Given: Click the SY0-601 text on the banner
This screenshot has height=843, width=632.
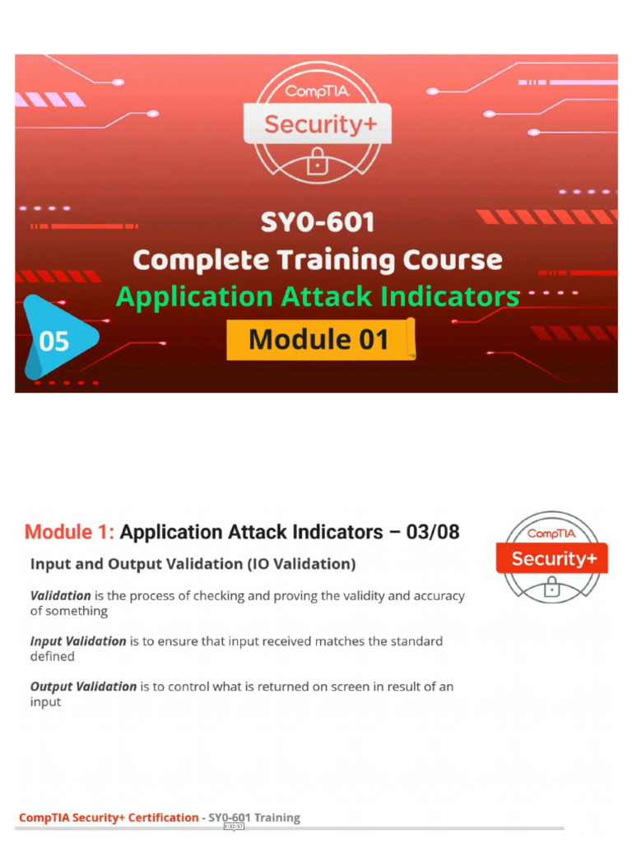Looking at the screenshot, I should click(x=317, y=221).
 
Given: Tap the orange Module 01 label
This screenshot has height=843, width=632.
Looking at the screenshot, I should click(x=319, y=338).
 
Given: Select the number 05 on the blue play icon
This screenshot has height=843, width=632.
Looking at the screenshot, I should click(x=53, y=339).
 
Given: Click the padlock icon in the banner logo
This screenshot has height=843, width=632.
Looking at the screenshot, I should click(x=316, y=163).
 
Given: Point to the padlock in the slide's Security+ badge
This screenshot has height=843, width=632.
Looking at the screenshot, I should click(x=551, y=587).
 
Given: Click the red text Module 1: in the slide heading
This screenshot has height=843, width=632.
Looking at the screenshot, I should click(x=70, y=532).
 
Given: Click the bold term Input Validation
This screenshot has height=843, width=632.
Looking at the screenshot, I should click(x=78, y=640).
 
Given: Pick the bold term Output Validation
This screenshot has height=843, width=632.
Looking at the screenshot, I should click(x=83, y=687).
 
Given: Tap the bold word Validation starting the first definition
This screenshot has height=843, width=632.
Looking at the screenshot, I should click(x=60, y=595).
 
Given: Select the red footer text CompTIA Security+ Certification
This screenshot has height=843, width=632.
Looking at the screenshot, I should click(x=109, y=817).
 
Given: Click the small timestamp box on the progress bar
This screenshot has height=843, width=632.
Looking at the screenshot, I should click(x=234, y=827).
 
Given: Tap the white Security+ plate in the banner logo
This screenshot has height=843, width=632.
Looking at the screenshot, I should click(x=317, y=124).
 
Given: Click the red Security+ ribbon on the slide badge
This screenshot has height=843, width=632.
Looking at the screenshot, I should click(x=551, y=559).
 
